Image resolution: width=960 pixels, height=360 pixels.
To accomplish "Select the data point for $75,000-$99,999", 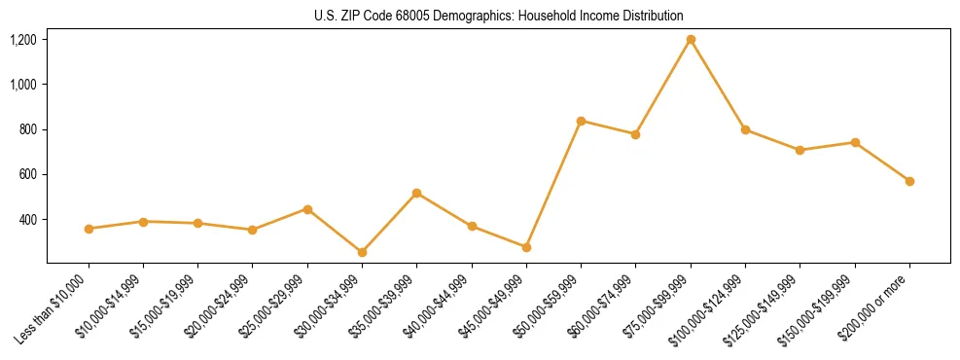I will (x=691, y=40).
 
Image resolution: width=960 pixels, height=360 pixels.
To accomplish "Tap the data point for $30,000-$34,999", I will (x=362, y=252).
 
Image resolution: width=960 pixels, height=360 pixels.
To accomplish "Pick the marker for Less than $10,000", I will (x=89, y=229).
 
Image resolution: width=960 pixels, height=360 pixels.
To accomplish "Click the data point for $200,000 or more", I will (x=909, y=181).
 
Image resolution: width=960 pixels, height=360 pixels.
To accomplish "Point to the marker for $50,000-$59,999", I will (x=581, y=121).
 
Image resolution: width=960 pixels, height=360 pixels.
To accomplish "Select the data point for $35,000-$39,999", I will (x=416, y=193).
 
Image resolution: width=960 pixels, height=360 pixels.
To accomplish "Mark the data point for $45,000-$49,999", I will (x=526, y=247).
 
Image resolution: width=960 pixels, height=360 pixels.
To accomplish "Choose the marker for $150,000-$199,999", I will (x=855, y=142).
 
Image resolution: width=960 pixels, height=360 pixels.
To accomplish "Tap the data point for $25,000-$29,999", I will (x=307, y=209).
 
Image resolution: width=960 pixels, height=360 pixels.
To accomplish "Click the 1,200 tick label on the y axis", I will (x=23, y=40).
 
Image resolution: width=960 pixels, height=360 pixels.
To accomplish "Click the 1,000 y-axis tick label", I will (x=23, y=85).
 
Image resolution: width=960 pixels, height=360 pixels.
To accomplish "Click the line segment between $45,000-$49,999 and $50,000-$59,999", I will (x=553, y=184).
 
